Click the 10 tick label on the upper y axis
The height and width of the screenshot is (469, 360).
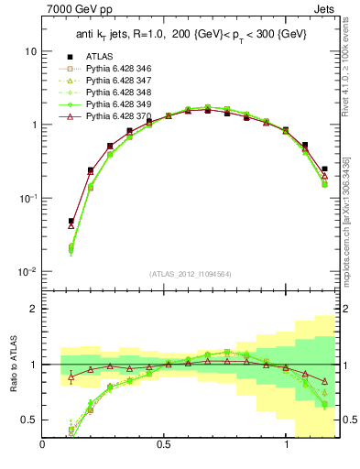point(30,52)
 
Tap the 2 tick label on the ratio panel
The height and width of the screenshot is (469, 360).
point(34,310)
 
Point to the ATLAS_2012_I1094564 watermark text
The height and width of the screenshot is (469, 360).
point(191,272)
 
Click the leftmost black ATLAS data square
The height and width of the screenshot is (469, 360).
point(71,221)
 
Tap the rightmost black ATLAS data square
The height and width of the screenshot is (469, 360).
point(324,169)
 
